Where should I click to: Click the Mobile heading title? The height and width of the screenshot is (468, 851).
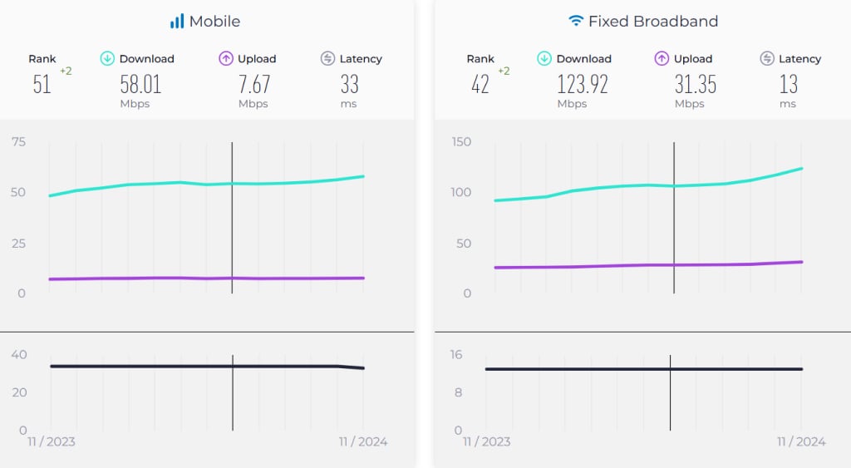pos(215,21)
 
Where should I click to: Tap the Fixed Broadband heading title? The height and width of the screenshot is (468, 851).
pos(653,21)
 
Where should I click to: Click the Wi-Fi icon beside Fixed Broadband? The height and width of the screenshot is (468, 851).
pos(576,21)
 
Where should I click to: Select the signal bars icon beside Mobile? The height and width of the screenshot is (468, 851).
pos(177,21)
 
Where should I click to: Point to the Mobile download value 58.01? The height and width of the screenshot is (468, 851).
pos(140,84)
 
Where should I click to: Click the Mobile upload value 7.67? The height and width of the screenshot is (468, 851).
pos(253,84)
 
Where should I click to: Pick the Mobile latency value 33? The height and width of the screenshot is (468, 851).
pos(350,84)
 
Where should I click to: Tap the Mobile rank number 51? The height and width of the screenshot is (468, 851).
pos(42,84)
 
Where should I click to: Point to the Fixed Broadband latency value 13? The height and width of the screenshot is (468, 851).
pos(788,84)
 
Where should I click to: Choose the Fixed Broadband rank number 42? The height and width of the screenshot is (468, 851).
pos(480,84)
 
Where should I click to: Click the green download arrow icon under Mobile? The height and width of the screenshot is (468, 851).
pos(107,58)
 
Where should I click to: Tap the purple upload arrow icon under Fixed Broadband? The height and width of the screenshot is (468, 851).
pos(662,58)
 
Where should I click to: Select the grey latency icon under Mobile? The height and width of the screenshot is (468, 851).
pos(327,58)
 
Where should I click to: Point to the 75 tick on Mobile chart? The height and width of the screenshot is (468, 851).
pos(17,142)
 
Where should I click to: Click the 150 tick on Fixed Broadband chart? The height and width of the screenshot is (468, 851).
pos(460,142)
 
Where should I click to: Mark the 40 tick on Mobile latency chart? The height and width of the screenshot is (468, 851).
pos(18,355)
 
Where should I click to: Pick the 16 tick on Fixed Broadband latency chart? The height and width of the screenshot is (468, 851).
pos(456,355)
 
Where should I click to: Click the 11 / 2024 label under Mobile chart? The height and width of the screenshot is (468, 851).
pos(363,441)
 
